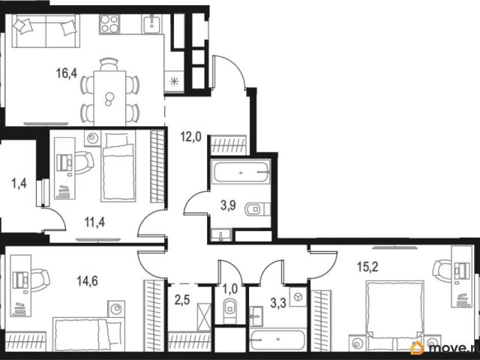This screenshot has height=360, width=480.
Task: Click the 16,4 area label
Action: (x=67, y=73)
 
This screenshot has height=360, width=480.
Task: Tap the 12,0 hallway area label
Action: (x=190, y=136)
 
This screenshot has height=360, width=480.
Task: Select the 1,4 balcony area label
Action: (x=19, y=184)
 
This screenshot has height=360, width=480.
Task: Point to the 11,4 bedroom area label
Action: (x=94, y=222)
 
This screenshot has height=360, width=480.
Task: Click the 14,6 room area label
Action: (x=88, y=280)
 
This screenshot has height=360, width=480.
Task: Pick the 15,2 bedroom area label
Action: (x=367, y=267)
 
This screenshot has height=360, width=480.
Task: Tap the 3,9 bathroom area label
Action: (x=228, y=205)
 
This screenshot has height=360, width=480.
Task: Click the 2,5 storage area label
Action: (x=182, y=300)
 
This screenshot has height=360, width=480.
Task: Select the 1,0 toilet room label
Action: (x=230, y=289)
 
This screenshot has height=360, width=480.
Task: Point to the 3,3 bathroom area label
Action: (x=278, y=303)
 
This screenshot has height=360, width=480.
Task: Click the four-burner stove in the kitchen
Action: (x=109, y=24)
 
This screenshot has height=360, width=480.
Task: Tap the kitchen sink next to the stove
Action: (x=151, y=24)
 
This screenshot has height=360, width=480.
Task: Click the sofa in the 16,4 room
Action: (x=46, y=31)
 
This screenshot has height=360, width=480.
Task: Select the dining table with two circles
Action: (x=109, y=98)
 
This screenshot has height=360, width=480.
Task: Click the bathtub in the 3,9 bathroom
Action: (x=241, y=172)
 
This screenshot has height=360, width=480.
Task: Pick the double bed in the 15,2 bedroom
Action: (x=395, y=316)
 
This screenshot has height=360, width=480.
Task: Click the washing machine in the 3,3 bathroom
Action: (x=298, y=297)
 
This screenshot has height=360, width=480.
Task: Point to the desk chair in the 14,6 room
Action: (x=40, y=280)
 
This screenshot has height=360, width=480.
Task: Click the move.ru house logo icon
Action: (x=417, y=348)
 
